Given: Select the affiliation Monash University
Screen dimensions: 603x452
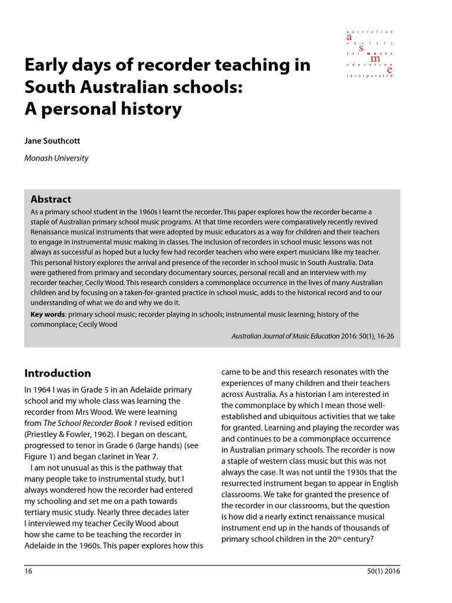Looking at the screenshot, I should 56,158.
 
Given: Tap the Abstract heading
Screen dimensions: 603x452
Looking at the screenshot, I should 51,199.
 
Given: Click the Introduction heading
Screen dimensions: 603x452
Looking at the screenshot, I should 58,373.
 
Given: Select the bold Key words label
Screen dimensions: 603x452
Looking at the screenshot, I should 48,314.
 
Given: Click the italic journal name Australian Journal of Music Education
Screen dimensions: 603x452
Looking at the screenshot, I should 285,336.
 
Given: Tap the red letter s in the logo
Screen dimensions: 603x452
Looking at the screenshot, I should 361,48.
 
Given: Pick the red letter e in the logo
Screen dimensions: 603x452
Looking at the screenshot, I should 389,70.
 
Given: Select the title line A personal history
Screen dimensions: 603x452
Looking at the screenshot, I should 103,109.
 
